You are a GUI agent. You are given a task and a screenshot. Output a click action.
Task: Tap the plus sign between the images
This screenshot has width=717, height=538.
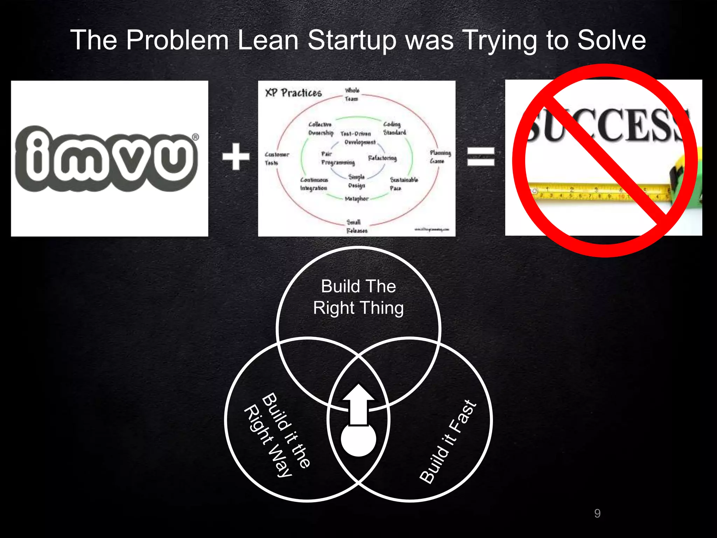pos(236,157)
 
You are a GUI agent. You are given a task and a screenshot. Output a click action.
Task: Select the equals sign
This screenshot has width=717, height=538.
pos(481,156)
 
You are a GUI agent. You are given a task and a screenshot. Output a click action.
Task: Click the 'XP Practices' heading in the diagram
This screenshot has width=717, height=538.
pos(293,93)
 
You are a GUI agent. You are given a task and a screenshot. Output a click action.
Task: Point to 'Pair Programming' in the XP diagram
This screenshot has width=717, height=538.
pos(337,158)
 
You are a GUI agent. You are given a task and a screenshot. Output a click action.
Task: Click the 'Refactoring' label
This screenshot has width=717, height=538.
pos(382,158)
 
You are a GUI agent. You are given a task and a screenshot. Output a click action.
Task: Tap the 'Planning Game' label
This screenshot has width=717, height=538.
pos(440,157)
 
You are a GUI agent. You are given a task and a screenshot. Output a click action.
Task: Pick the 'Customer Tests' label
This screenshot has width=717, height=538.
pos(277,159)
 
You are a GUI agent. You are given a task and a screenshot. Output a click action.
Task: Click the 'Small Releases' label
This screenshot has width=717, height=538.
pos(356,226)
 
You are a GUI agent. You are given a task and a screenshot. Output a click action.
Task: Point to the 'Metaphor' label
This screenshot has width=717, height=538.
pos(356,199)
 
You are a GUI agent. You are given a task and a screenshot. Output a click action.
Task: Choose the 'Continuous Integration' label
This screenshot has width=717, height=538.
pos(314,184)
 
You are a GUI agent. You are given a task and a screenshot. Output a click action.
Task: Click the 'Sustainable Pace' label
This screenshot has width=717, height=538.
pos(404,184)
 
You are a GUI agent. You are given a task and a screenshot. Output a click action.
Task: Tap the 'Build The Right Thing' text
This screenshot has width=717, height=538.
pos(358,297)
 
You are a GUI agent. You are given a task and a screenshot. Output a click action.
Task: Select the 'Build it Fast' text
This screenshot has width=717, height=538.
pos(448,442)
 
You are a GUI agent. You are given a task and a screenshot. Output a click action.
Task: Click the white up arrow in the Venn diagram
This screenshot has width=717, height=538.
pos(358,403)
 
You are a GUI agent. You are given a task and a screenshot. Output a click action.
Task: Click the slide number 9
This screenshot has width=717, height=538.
pos(597,513)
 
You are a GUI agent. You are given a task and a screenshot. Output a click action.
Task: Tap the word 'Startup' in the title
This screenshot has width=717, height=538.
pos(352,40)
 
